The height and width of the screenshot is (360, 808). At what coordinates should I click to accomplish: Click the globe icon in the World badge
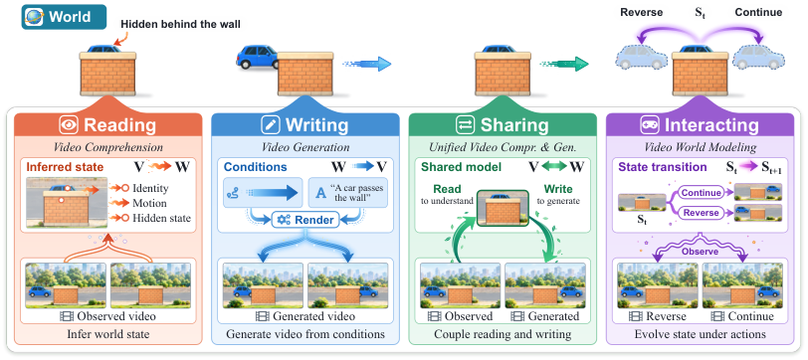pyautogui.click(x=35, y=17)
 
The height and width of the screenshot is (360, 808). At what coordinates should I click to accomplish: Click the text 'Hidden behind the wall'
pyautogui.click(x=180, y=24)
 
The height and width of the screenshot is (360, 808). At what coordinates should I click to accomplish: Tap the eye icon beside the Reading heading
pyautogui.click(x=68, y=124)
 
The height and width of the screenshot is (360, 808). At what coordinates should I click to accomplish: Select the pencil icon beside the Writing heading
pyautogui.click(x=269, y=124)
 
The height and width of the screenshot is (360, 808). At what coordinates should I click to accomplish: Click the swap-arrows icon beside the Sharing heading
pyautogui.click(x=464, y=124)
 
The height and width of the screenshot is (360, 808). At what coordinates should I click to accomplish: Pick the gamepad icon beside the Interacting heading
pyautogui.click(x=648, y=124)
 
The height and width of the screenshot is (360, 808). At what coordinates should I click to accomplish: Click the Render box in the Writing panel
pyautogui.click(x=305, y=220)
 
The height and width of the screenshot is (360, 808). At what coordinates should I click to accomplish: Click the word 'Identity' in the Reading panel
pyautogui.click(x=150, y=189)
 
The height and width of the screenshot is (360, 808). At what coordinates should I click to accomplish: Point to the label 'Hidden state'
pyautogui.click(x=162, y=219)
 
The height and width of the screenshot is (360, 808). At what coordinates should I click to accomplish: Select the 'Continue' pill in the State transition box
pyautogui.click(x=701, y=193)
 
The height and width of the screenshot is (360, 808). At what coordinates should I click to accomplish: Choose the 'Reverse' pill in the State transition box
pyautogui.click(x=701, y=212)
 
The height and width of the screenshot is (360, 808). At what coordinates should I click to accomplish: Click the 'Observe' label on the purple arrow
pyautogui.click(x=700, y=252)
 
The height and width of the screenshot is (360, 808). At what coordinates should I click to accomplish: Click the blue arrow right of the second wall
pyautogui.click(x=367, y=64)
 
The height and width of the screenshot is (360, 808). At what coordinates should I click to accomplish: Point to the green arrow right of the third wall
pyautogui.click(x=564, y=64)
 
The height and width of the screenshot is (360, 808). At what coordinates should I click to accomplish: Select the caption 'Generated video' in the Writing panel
pyautogui.click(x=305, y=315)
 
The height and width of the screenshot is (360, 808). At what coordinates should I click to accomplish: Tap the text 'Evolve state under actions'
pyautogui.click(x=700, y=334)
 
